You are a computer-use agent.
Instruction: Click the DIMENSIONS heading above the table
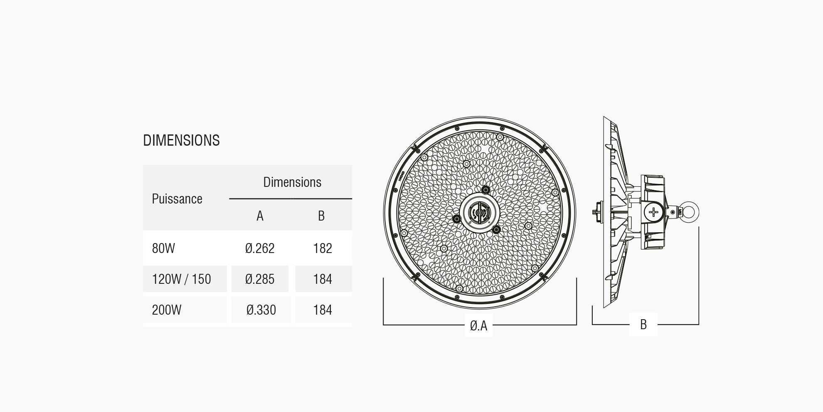pyautogui.click(x=181, y=141)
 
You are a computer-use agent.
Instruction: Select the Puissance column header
pyautogui.click(x=177, y=199)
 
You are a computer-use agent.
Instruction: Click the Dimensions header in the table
pyautogui.click(x=292, y=182)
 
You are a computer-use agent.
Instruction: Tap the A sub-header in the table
pyautogui.click(x=260, y=216)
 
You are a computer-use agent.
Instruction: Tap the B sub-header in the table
pyautogui.click(x=321, y=216)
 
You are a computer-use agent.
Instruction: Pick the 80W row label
pyautogui.click(x=163, y=248)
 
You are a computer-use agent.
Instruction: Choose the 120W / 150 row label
pyautogui.click(x=181, y=279)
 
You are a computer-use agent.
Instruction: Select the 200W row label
pyautogui.click(x=167, y=310)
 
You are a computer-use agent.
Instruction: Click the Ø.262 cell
pyautogui.click(x=260, y=248)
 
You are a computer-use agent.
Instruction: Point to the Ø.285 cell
pyautogui.click(x=260, y=279)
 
